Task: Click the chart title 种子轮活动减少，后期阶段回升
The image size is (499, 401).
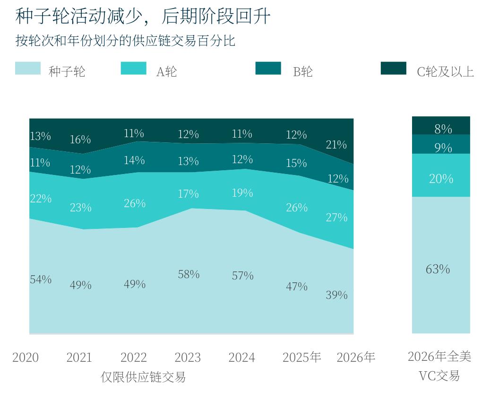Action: [x=143, y=16]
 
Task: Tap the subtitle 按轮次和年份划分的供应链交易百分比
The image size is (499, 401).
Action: [x=125, y=41]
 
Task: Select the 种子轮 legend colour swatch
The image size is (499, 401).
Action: [x=28, y=68]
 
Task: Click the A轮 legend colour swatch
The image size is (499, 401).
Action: [x=134, y=68]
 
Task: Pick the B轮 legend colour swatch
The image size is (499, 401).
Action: [x=268, y=68]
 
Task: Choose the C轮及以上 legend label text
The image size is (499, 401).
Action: [x=445, y=72]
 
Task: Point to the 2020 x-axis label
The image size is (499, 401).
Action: [x=26, y=357]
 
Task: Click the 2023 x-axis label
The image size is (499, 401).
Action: [x=188, y=357]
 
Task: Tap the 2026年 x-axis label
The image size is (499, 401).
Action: [x=356, y=357]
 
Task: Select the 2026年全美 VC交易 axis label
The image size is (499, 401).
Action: [x=439, y=366]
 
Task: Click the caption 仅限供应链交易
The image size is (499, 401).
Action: [x=143, y=377]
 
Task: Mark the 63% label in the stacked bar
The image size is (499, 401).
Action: [x=438, y=270]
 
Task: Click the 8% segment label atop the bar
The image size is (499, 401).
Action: [x=443, y=129]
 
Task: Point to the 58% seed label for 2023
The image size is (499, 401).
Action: [x=189, y=274]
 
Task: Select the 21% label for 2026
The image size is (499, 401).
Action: [x=336, y=145]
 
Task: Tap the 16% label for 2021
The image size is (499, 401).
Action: [x=80, y=139]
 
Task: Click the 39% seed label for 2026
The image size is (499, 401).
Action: [x=337, y=295]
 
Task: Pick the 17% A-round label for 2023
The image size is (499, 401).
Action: [x=189, y=194]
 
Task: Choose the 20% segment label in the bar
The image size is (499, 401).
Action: [x=441, y=179]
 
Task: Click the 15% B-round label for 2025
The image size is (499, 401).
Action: [x=297, y=163]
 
